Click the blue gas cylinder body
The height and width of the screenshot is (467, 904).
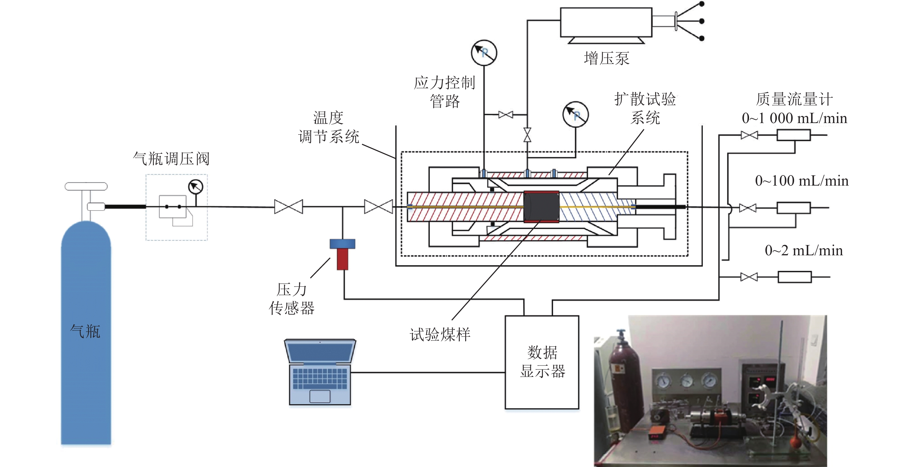(x=86, y=333)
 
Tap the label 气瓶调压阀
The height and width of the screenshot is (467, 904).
(x=171, y=159)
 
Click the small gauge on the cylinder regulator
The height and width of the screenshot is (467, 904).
(x=195, y=187)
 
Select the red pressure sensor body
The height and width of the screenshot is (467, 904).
(x=342, y=259)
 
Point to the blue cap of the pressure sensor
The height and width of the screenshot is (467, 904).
(x=342, y=244)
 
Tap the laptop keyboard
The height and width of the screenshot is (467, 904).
(x=320, y=378)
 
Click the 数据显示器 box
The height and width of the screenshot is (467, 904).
(x=542, y=362)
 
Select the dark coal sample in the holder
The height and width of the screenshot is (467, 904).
(x=541, y=207)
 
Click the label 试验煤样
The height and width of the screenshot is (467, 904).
(x=440, y=334)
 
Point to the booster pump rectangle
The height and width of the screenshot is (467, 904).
(x=606, y=22)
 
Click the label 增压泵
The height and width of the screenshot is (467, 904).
(x=607, y=58)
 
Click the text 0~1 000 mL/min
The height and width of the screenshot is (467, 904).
(x=794, y=118)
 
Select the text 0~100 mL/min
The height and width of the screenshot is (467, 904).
(x=802, y=181)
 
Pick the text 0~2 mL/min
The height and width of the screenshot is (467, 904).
(x=804, y=250)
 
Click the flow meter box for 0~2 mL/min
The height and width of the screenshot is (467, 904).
(x=794, y=277)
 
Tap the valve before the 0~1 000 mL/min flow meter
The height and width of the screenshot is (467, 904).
(x=749, y=135)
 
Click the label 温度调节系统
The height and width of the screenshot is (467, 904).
(x=329, y=127)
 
